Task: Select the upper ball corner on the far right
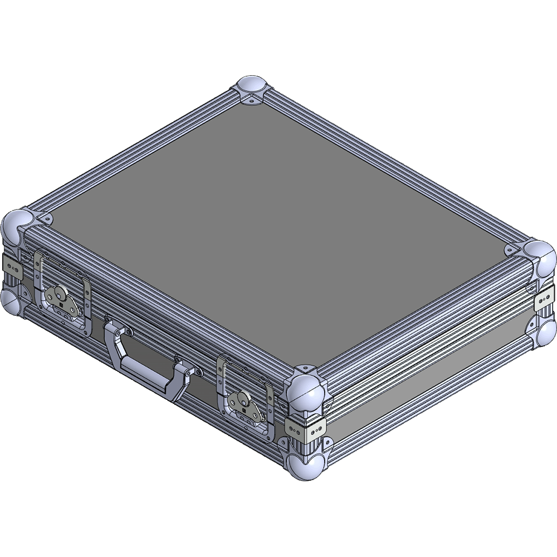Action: pyautogui.click(x=539, y=257)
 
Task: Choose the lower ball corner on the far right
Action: pyautogui.click(x=546, y=333)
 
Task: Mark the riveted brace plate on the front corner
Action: pyautogui.click(x=305, y=428)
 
